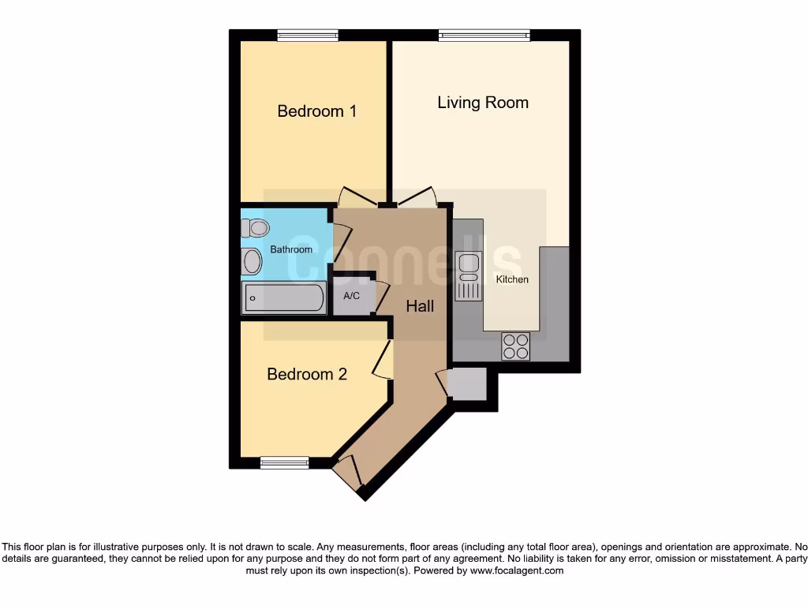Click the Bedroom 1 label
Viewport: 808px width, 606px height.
316,111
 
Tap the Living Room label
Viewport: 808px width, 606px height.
483,103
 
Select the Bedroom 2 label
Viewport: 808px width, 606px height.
307,374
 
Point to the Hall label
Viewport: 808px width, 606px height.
420,306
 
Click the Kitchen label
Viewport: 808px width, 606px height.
512,279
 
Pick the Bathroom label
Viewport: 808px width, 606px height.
291,249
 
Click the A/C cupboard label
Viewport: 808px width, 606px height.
351,296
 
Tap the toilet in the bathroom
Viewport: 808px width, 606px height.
255,228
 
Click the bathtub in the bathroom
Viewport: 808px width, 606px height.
283,298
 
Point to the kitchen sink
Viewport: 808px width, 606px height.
468,276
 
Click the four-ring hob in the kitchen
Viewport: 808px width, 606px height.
516,346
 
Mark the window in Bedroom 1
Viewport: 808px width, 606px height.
308,36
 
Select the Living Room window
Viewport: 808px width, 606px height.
484,36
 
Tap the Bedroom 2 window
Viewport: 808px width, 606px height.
284,462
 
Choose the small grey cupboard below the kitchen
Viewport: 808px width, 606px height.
467,384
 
